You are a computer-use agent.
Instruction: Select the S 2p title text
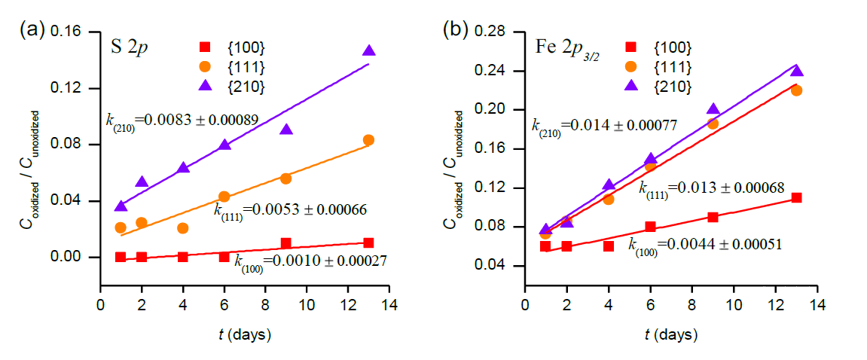[x=128, y=47]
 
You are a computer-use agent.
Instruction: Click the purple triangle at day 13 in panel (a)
[x=368, y=50]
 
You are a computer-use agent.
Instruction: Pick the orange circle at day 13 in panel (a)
[x=368, y=140]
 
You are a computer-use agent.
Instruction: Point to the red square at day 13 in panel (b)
[x=796, y=198]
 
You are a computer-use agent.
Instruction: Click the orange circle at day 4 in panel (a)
[x=182, y=227]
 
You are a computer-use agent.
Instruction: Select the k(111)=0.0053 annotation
[x=290, y=210]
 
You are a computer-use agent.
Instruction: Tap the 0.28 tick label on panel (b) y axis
[x=502, y=32]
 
